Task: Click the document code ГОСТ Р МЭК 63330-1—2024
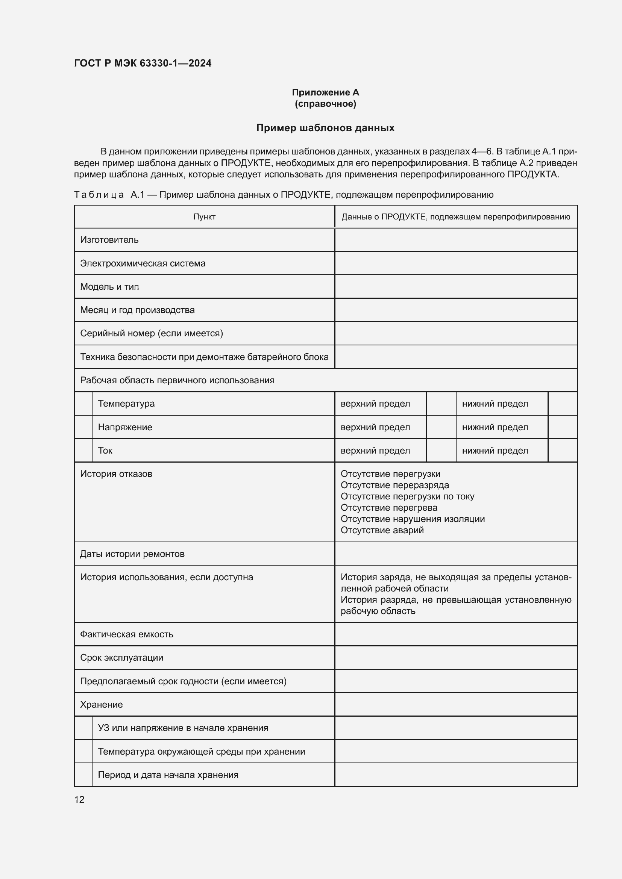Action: coord(143,63)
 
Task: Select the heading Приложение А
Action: coord(325,92)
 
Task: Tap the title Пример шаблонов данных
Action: coord(325,128)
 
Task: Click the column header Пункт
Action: coord(204,217)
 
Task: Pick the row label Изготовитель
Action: coord(109,240)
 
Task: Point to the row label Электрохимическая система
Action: coord(143,263)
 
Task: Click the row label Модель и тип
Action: coord(109,287)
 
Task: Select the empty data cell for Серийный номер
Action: coord(456,333)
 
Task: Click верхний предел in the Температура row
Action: coord(375,404)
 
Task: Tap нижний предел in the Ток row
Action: coord(495,451)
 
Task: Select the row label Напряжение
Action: coord(125,427)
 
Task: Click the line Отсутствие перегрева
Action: coord(389,508)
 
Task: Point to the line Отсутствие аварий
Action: coord(382,530)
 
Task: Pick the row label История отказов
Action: coord(116,474)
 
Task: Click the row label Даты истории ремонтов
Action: coord(132,554)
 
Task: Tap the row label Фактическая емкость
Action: coord(126,634)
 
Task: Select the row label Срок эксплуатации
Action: coord(121,658)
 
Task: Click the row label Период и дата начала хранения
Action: coord(168,775)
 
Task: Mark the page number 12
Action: coord(79,799)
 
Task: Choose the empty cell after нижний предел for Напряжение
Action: coord(562,427)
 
